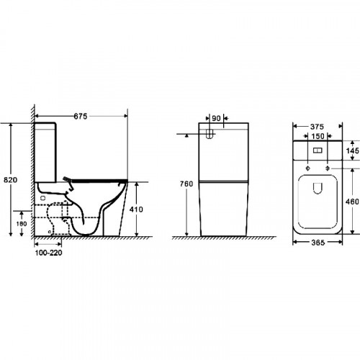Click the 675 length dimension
81,117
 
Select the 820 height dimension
11,180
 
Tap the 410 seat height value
136,210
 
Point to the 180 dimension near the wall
22,224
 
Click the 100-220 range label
48,253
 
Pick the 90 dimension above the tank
216,118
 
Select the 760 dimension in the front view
186,184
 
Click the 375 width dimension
317,127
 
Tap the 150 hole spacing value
318,136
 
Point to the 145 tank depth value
353,150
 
